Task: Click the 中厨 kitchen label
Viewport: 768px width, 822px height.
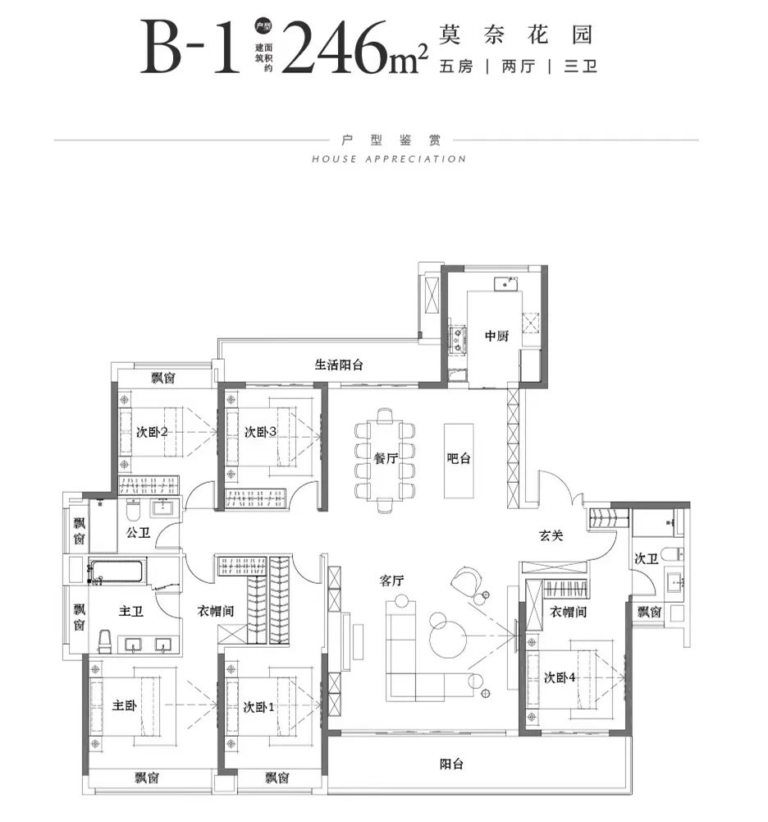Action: coord(496,336)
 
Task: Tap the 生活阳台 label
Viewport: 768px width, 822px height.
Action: coord(338,365)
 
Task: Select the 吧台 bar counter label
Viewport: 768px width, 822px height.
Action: coord(459,458)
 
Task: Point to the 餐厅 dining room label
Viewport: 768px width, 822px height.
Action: coord(386,458)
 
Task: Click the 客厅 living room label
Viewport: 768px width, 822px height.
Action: coord(392,581)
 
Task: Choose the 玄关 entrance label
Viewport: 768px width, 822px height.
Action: coord(551,535)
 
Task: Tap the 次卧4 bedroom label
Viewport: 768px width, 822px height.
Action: coord(560,677)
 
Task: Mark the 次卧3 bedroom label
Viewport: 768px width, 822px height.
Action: coord(260,432)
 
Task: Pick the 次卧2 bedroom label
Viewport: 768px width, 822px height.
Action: coord(152,432)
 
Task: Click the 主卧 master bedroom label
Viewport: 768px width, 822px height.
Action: coord(125,705)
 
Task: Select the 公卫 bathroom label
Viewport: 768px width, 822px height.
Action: coord(139,533)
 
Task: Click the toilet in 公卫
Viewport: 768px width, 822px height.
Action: coord(133,508)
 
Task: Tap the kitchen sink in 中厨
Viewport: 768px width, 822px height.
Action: coord(505,283)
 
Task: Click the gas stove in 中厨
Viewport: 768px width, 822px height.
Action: coord(457,338)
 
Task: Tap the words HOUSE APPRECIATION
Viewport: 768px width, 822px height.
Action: coord(389,158)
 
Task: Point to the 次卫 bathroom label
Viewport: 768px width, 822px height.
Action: coord(646,558)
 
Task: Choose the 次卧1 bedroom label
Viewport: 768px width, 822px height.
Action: coord(258,707)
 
